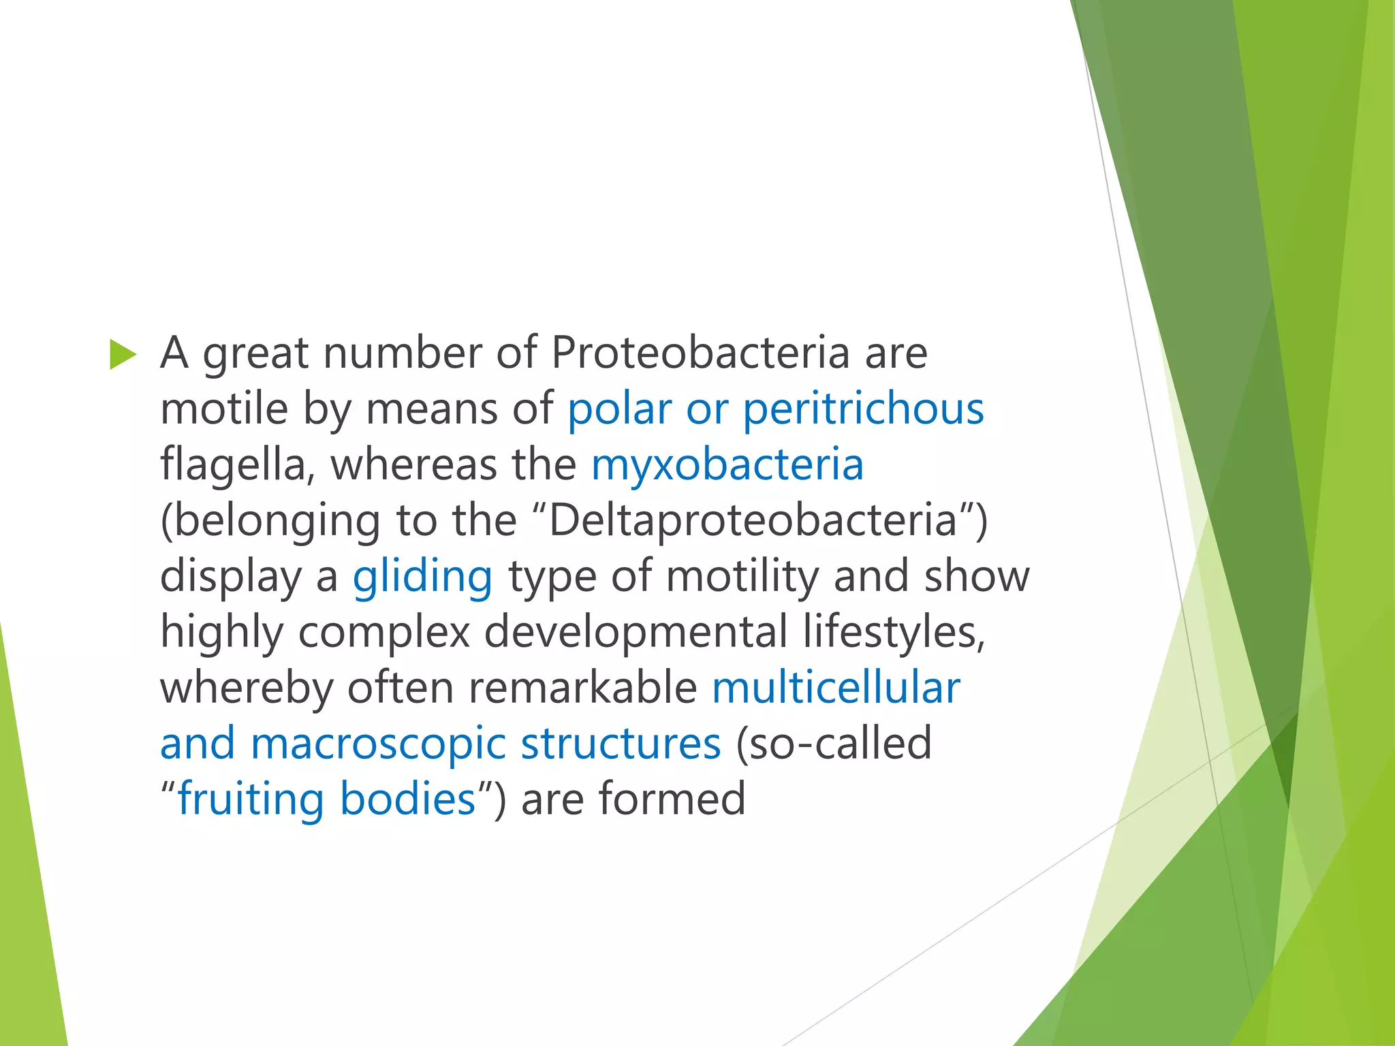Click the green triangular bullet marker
coord(123,355)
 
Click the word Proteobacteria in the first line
coord(700,353)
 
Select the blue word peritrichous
coord(863,409)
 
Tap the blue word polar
coord(619,409)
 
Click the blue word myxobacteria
coord(727,465)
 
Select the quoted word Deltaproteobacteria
coord(753,520)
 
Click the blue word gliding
coord(422,577)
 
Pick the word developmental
coord(635,632)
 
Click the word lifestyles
coord(894,632)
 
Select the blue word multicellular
coord(836,688)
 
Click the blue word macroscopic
coord(377,744)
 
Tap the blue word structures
coord(621,744)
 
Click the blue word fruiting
coord(251,799)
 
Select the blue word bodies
coord(407,799)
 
